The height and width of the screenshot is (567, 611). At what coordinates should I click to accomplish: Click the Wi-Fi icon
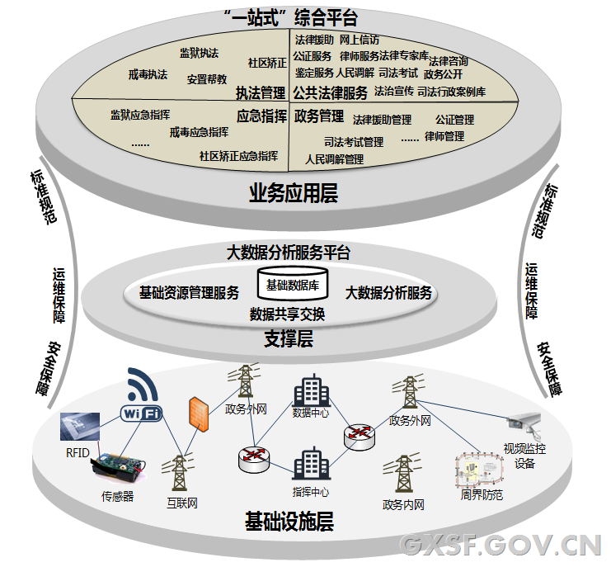click(141, 396)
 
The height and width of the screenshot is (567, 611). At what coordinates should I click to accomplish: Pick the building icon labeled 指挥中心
click(311, 465)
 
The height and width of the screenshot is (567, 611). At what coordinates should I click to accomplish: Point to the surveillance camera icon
click(525, 423)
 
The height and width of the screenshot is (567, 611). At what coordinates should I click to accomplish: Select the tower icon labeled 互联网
click(181, 475)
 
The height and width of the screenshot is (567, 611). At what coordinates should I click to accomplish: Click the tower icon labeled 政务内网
click(403, 476)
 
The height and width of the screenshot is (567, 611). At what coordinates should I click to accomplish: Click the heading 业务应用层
click(294, 194)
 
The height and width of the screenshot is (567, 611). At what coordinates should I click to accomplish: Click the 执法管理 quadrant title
click(260, 92)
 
